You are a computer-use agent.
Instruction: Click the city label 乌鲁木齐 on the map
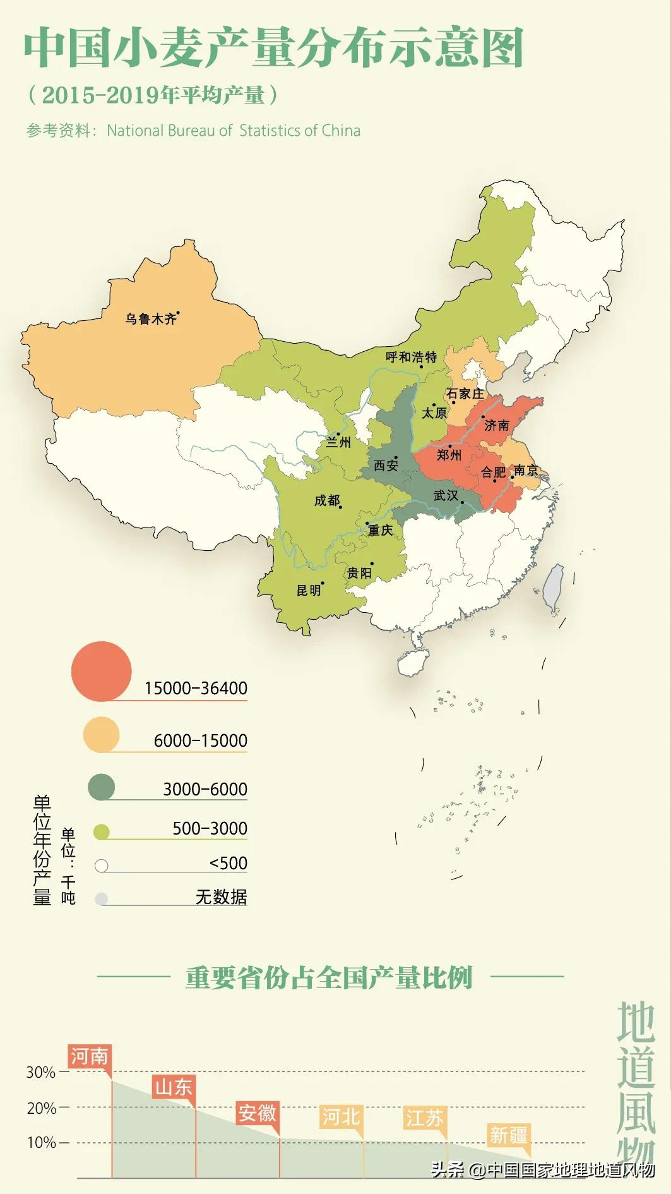(x=150, y=319)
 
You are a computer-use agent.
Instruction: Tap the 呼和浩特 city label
(x=411, y=357)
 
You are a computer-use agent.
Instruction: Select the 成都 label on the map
(x=326, y=500)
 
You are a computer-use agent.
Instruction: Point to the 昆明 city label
(x=309, y=590)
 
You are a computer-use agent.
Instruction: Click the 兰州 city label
(x=338, y=442)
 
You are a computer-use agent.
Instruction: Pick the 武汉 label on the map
(x=446, y=495)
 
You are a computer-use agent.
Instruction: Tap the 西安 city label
(x=385, y=466)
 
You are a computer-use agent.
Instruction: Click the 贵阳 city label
(x=359, y=573)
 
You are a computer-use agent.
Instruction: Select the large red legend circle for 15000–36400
(x=101, y=671)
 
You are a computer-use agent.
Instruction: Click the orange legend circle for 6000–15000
(x=101, y=734)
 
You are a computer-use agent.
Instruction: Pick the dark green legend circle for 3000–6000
(x=101, y=787)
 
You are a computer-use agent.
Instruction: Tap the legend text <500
(x=228, y=863)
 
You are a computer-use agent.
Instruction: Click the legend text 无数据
(x=221, y=896)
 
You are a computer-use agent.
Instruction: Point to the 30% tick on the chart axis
(x=40, y=1072)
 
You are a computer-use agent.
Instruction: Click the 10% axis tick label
(x=40, y=1142)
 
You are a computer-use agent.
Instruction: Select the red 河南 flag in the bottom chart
(x=89, y=1056)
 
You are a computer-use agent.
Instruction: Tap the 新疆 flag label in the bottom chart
(x=508, y=1135)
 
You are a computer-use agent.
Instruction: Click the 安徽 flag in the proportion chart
(x=257, y=1113)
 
